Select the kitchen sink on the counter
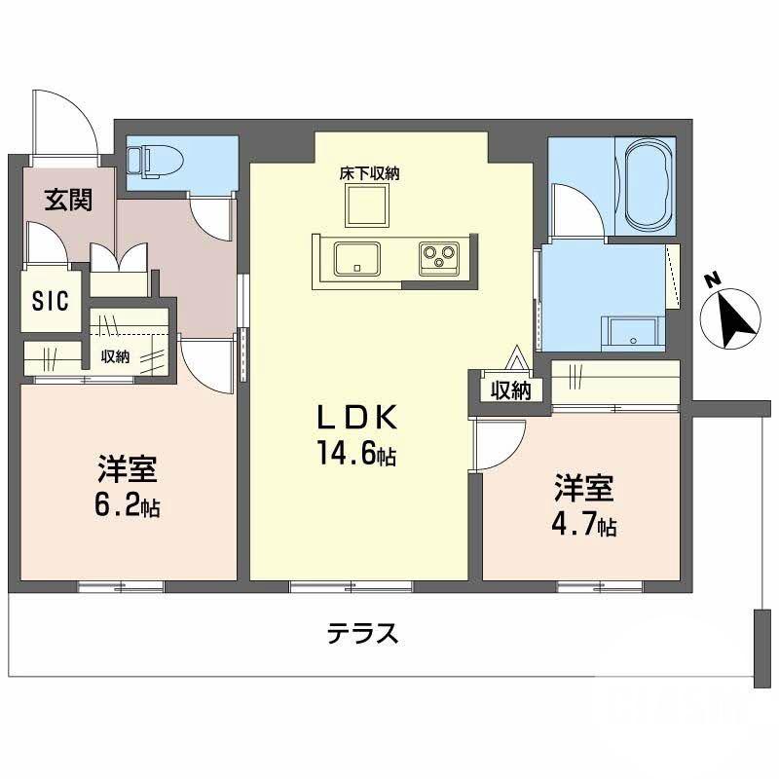tap(357, 259)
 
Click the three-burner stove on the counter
tap(438, 257)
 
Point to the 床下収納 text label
tap(370, 173)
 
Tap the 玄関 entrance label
tap(68, 201)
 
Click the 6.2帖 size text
tap(128, 505)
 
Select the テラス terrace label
tap(362, 634)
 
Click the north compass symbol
tap(731, 315)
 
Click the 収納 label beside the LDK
tap(509, 390)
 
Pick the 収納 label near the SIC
tap(115, 356)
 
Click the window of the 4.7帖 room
tap(599, 586)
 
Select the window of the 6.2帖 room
tap(121, 586)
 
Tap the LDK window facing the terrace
tap(351, 586)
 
